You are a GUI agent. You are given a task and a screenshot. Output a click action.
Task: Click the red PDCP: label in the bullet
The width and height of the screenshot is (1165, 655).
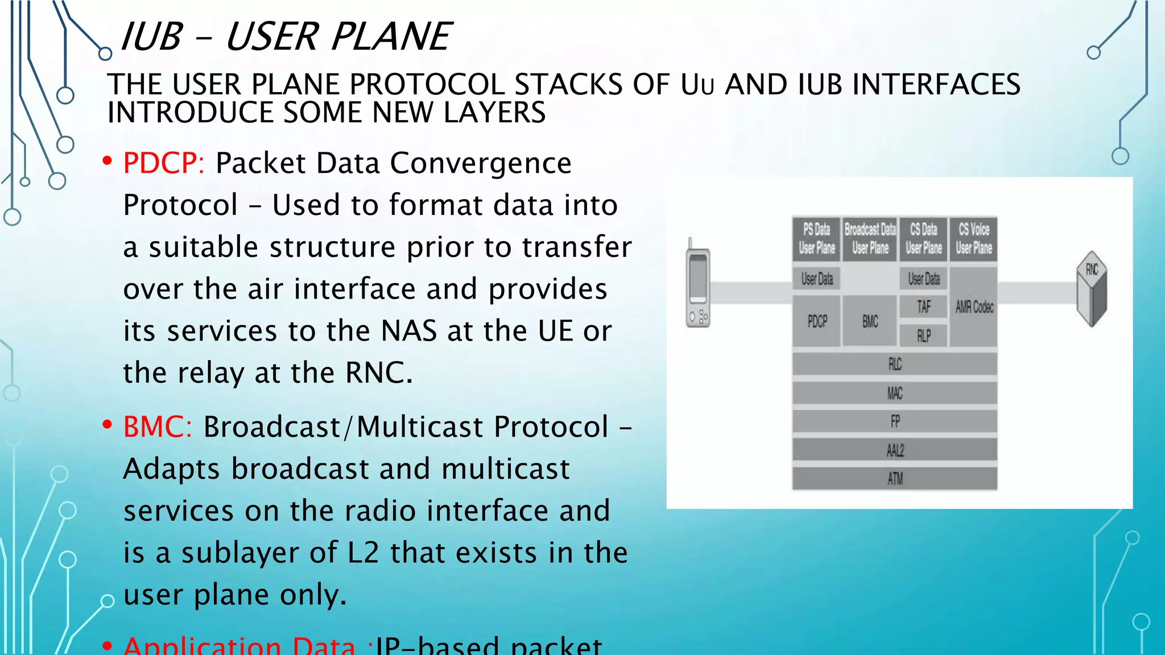coord(163,164)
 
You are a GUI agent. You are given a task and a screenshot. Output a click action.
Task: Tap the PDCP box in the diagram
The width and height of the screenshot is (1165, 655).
coord(817,322)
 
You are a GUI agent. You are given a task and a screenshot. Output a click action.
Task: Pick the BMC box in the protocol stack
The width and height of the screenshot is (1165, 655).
coord(870,322)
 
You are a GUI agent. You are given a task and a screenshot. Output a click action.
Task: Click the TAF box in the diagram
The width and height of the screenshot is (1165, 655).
coord(924,307)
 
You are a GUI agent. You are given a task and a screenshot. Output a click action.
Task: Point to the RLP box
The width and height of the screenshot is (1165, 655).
coord(924,336)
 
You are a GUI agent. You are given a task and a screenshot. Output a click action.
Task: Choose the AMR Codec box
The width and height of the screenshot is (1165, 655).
coord(974,307)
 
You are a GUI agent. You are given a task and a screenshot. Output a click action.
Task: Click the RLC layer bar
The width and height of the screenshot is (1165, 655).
coord(895,364)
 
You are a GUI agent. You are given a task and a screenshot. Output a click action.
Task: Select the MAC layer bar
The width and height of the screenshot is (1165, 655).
coord(895,393)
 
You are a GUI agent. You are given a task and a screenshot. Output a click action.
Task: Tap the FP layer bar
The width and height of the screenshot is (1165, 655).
coord(895,421)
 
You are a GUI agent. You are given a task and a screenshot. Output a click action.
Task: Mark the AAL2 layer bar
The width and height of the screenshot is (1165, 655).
coord(895,450)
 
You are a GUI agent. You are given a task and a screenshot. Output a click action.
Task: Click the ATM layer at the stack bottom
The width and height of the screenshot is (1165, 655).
coord(895,479)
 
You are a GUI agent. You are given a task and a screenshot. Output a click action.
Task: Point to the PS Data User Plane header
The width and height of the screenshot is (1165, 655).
coord(817,239)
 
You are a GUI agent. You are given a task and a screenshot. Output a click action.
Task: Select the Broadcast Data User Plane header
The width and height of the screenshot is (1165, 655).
coord(870,239)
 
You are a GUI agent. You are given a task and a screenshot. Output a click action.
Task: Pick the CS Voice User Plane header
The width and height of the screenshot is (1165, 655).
coord(974,239)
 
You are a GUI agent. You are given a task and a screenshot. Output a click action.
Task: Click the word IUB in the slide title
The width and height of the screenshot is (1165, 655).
coord(151,37)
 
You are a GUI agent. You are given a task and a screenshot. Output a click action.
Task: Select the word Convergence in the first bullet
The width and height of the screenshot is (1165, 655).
coord(481,164)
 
